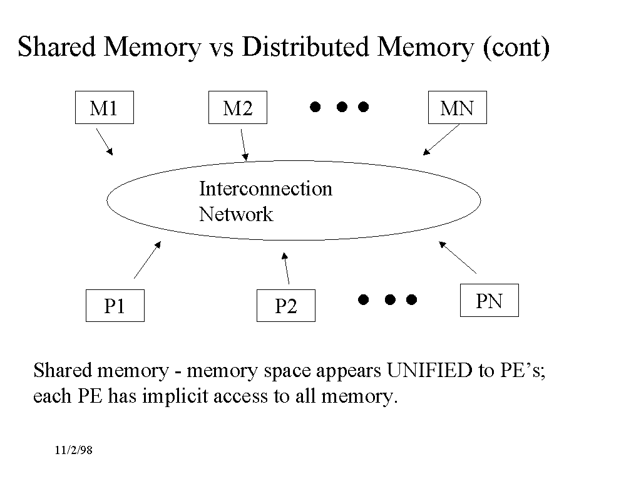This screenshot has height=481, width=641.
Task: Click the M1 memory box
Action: tap(104, 108)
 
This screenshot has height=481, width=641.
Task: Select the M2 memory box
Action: tap(238, 108)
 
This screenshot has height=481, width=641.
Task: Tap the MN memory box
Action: tap(457, 108)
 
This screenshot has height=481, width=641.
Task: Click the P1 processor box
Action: tap(115, 306)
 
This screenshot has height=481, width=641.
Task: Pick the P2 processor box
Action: tap(285, 306)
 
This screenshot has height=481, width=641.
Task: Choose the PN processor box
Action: tap(489, 301)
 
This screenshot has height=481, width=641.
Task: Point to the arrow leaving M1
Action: tap(104, 142)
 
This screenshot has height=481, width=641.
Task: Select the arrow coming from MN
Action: tap(441, 139)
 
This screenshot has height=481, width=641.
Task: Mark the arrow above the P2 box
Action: tap(286, 268)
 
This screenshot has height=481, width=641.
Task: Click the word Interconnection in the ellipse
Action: tap(265, 189)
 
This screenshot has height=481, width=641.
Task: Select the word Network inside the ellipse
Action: tap(236, 214)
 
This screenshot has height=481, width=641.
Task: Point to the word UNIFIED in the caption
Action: tap(430, 371)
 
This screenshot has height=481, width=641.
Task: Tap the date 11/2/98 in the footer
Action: tap(73, 450)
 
